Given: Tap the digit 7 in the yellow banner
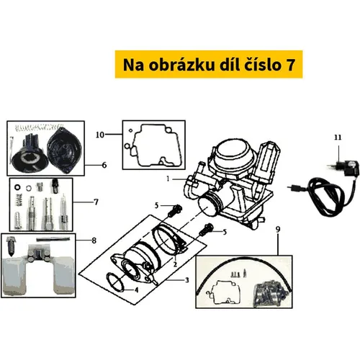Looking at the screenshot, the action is tap(290, 65).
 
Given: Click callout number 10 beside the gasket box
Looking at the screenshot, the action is tap(100, 135).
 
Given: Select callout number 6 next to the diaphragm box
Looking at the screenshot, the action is tap(104, 165).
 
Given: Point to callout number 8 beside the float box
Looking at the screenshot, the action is tap(94, 240).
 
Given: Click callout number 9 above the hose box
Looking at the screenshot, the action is tap(278, 230).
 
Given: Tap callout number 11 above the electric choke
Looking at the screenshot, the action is tap(338, 138).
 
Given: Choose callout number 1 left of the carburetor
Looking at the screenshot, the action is tap(168, 179).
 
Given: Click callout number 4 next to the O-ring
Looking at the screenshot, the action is tap(136, 290).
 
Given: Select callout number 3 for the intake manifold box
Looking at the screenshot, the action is tap(187, 280).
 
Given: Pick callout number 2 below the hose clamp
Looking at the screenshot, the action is tap(175, 264).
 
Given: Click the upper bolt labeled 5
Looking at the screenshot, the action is tap(174, 210).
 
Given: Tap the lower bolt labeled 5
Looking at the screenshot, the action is tap(206, 230).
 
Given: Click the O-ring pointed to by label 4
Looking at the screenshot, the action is tap(115, 282).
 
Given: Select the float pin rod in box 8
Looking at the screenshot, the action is tap(53, 239).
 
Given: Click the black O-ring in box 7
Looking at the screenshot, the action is tap(17, 186).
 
